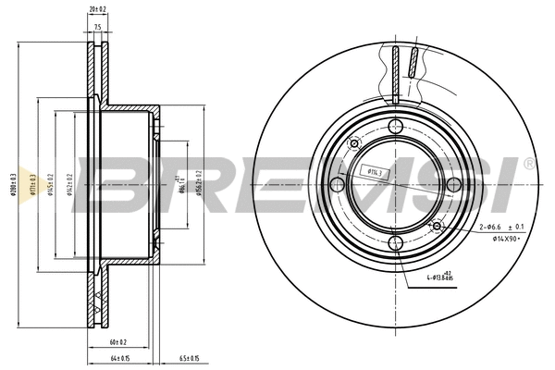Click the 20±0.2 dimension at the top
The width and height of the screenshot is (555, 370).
coord(96,10)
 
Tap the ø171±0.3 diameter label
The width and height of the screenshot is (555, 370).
coord(32,184)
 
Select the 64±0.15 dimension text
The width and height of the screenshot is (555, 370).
coord(119,358)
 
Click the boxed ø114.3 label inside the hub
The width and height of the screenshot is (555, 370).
coord(376,170)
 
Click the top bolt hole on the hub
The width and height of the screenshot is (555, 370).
coord(395,126)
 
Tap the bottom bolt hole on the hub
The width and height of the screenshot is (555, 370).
coord(395,243)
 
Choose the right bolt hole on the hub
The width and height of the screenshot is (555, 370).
coord(453,185)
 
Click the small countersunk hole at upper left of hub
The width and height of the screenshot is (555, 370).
coord(353,143)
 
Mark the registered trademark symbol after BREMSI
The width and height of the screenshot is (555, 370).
coord(528,163)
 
